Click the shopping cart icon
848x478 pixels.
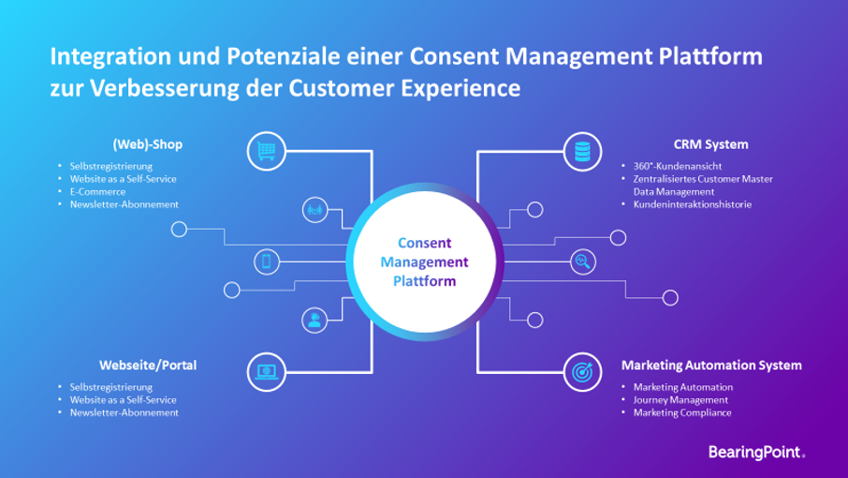tap(266, 151)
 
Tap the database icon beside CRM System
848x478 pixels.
tap(582, 152)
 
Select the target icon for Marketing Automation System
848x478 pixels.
tap(582, 372)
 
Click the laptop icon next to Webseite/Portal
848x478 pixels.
tap(266, 372)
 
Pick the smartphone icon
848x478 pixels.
tap(267, 262)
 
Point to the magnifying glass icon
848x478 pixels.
tap(583, 262)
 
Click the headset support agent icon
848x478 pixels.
tap(314, 320)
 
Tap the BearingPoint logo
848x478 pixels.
tap(756, 452)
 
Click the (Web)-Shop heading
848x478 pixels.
tap(148, 144)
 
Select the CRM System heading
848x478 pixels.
tap(710, 144)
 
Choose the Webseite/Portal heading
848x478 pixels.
tap(148, 366)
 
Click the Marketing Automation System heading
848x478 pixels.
tap(711, 366)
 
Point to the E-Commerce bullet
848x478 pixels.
tap(97, 191)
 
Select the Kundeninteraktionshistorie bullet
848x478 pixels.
tap(693, 204)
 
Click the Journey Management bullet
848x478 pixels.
tap(680, 400)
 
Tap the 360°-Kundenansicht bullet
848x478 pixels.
tap(677, 166)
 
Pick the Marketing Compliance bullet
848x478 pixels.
tap(682, 412)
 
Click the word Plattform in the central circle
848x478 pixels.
tap(425, 281)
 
